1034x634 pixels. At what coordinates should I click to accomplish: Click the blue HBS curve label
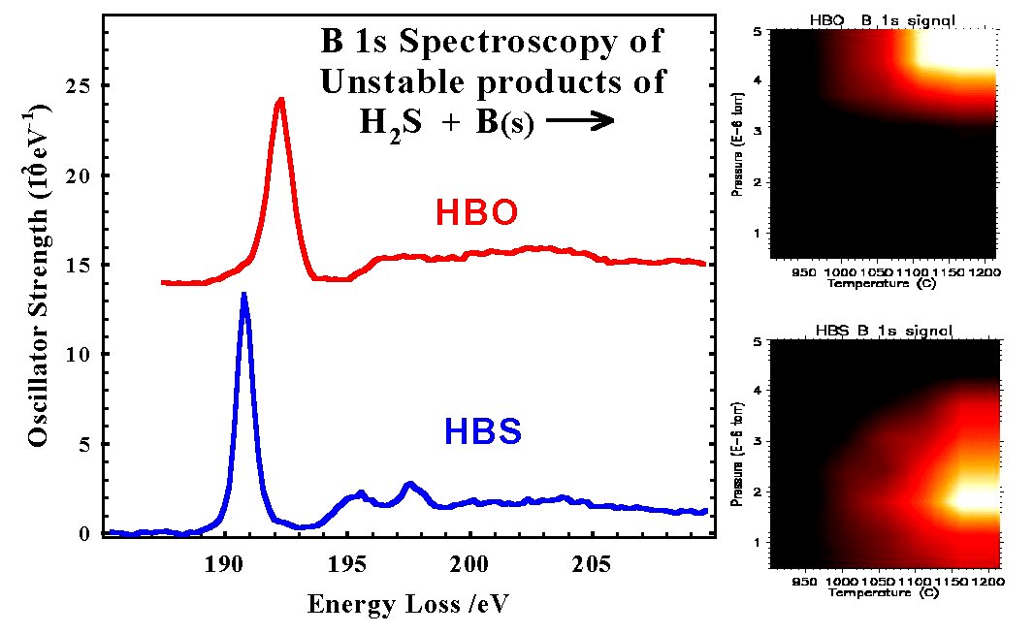tap(483, 432)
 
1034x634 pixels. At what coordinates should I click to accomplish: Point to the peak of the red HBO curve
tap(280, 99)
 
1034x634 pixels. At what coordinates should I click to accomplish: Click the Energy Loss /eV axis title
tap(408, 604)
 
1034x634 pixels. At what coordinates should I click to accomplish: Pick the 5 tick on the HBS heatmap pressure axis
tap(764, 341)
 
